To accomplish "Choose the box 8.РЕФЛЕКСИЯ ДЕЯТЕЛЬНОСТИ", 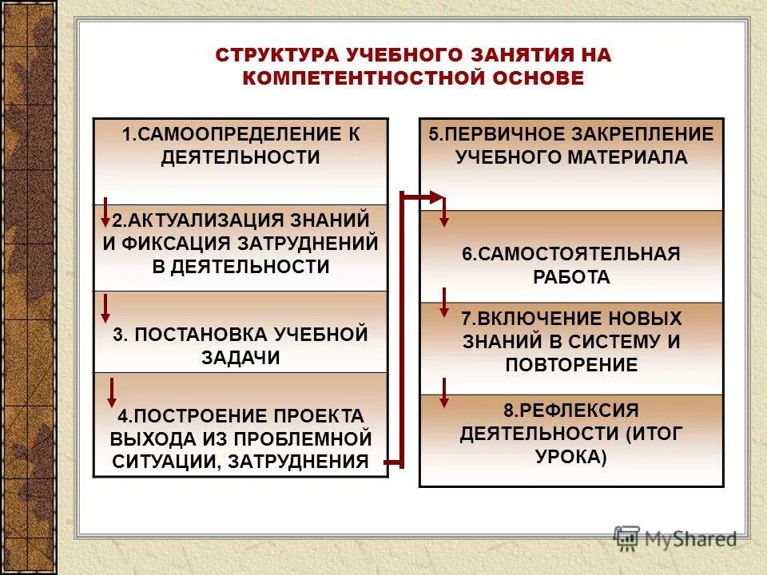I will (x=570, y=435).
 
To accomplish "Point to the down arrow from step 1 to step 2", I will (x=105, y=211).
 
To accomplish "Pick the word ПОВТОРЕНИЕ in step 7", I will (x=571, y=365).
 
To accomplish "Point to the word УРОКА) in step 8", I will (x=571, y=458).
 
